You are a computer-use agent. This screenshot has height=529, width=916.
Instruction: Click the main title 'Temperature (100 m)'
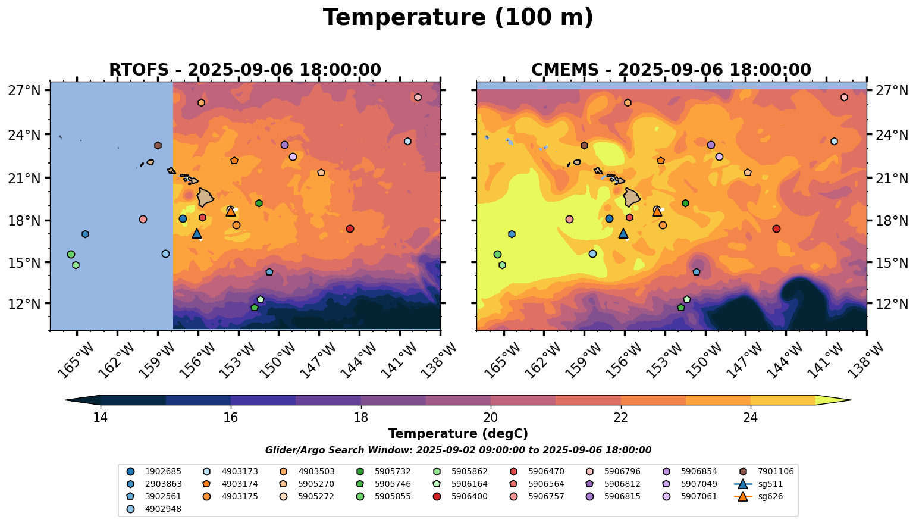pyautogui.click(x=458, y=18)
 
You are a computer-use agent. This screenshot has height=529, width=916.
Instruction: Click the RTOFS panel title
pyautogui.click(x=244, y=70)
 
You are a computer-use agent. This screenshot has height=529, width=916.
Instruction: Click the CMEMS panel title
pyautogui.click(x=671, y=70)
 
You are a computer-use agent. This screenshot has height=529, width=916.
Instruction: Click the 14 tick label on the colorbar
pyautogui.click(x=100, y=418)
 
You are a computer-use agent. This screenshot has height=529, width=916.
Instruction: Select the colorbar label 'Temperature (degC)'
pyautogui.click(x=458, y=434)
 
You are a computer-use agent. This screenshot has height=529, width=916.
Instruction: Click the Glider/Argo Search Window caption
pyautogui.click(x=458, y=450)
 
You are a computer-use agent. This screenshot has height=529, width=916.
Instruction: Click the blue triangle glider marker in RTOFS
pyautogui.click(x=197, y=234)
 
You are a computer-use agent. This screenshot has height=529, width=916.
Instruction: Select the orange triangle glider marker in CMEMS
pyautogui.click(x=657, y=211)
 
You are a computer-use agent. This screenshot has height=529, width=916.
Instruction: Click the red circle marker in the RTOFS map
pyautogui.click(x=350, y=228)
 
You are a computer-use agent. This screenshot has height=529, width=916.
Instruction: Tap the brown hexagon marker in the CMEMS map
pyautogui.click(x=584, y=145)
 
